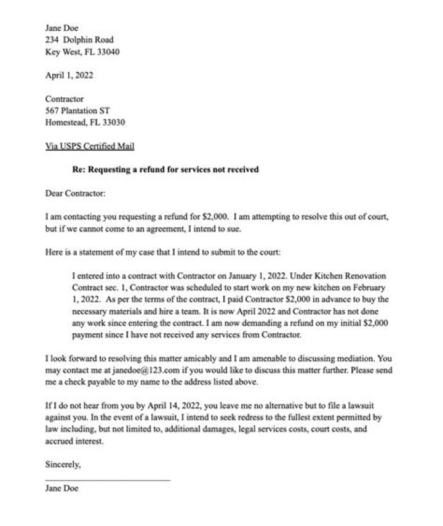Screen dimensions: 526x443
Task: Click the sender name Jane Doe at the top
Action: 62,28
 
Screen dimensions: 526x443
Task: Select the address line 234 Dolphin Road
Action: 79,40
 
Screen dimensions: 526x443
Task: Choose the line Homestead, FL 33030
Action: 85,122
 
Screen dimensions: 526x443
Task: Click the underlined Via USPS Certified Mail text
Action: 90,146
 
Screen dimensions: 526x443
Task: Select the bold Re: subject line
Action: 165,169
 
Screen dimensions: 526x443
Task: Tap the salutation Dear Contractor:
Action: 76,193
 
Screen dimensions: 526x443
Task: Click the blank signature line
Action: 108,480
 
